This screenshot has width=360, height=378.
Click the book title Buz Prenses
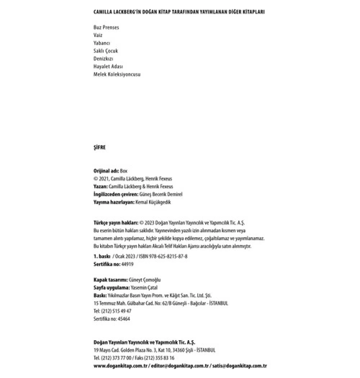click(x=106, y=27)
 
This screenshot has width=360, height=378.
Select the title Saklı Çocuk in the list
click(x=105, y=51)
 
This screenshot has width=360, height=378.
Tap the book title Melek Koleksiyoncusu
click(x=117, y=75)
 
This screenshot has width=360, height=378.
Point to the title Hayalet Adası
click(x=108, y=67)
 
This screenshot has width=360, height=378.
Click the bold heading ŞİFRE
click(x=99, y=148)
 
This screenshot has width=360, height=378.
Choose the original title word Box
click(x=123, y=171)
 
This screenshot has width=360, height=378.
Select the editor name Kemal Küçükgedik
click(x=153, y=202)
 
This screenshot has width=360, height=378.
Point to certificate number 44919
click(x=127, y=264)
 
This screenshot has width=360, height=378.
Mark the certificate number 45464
click(x=124, y=319)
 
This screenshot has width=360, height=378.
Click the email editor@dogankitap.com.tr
click(x=180, y=366)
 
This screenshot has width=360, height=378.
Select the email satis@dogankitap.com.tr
click(x=239, y=366)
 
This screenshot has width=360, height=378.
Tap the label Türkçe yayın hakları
click(x=116, y=223)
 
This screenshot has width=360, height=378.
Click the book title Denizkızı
click(x=103, y=59)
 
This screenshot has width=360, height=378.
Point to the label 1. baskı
click(x=102, y=256)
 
